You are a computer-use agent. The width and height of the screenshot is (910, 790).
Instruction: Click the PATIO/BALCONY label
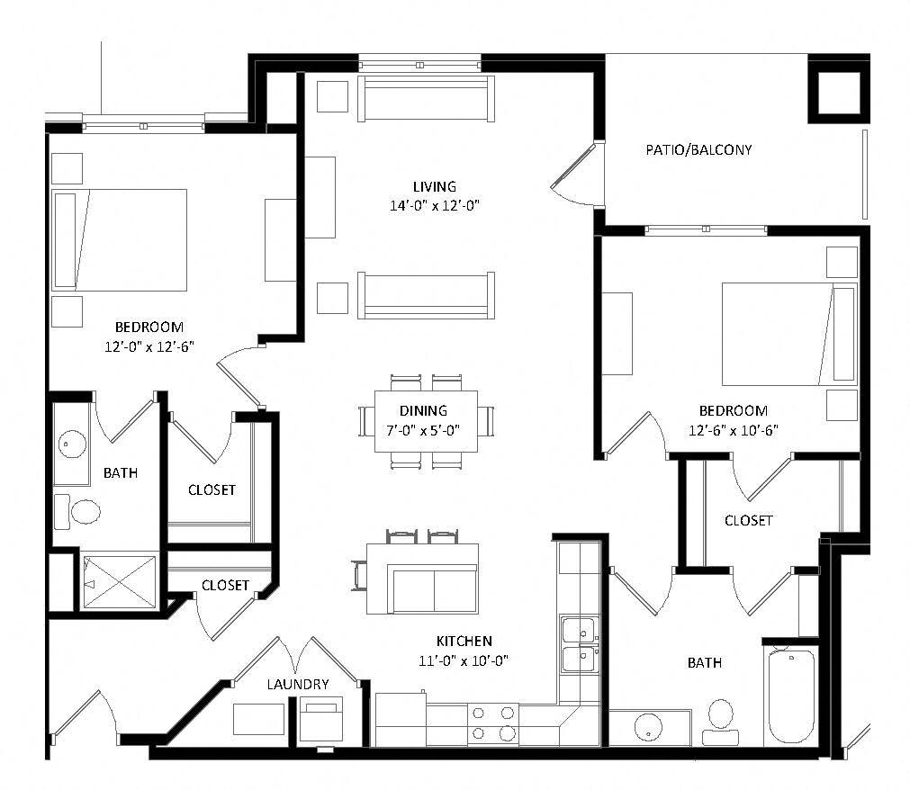coord(698,149)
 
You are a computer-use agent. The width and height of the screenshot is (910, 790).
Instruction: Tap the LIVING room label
coord(434,186)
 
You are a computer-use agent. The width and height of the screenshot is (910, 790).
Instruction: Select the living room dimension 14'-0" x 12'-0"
coord(434,205)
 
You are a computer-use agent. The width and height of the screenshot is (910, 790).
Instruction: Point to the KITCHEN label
coord(464,642)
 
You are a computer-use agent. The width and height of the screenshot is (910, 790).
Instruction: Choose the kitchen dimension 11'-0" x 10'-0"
coord(464,660)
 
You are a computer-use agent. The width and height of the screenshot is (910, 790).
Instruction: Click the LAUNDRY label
coord(297,685)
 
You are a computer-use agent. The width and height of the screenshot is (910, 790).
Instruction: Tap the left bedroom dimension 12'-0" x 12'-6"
coord(149,346)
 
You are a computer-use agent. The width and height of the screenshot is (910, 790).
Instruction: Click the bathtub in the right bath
coord(791,695)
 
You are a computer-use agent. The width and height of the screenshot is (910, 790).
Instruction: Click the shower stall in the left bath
coord(119,583)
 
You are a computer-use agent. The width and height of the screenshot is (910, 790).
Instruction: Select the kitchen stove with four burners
coord(494,723)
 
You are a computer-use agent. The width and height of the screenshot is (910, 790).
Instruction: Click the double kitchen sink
coord(578,644)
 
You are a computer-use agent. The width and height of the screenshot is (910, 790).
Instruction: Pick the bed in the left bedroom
coord(120,240)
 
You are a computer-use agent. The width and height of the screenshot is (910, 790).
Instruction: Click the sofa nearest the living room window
coord(426,99)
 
